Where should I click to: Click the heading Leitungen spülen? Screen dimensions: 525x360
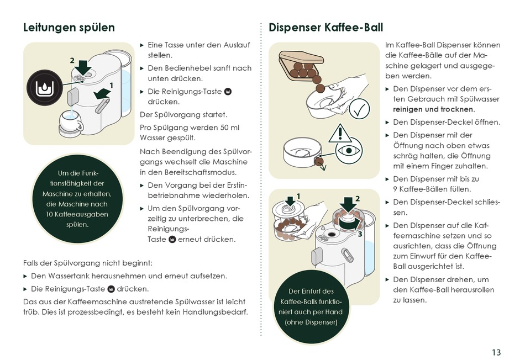[x=69, y=28]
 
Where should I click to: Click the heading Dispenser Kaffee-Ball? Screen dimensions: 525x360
[x=326, y=28]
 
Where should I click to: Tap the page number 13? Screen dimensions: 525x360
[x=496, y=352]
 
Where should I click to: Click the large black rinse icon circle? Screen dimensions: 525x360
[x=45, y=88]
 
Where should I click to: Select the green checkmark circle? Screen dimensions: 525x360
[x=359, y=109]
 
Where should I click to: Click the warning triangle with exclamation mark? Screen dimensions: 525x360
[x=340, y=133]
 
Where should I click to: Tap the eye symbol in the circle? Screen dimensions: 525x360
[x=349, y=151]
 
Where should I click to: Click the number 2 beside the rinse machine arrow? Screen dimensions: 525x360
[x=72, y=60]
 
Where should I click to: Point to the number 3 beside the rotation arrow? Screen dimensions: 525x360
[x=360, y=234]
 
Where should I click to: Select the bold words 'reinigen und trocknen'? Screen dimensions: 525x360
[x=433, y=109]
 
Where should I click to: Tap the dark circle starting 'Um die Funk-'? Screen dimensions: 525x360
[x=77, y=199]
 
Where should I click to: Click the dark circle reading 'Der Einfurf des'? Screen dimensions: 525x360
[x=311, y=307]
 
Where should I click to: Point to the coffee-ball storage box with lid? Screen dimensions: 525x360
[x=301, y=65]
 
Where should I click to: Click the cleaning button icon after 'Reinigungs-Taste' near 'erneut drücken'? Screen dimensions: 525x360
[x=172, y=239]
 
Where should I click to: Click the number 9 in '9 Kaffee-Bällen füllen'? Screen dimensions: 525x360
[x=395, y=189]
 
